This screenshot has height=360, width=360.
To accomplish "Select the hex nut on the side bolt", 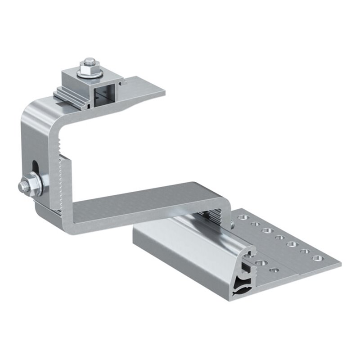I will click(25, 186).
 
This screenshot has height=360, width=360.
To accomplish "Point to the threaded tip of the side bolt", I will click(20, 186).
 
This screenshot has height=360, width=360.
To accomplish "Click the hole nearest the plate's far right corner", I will click(317, 258).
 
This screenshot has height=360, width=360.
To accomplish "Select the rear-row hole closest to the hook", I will click(243, 217).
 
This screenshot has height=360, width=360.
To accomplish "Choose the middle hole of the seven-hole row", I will click(279, 237).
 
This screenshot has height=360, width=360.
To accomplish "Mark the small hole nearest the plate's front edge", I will click(273, 271).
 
